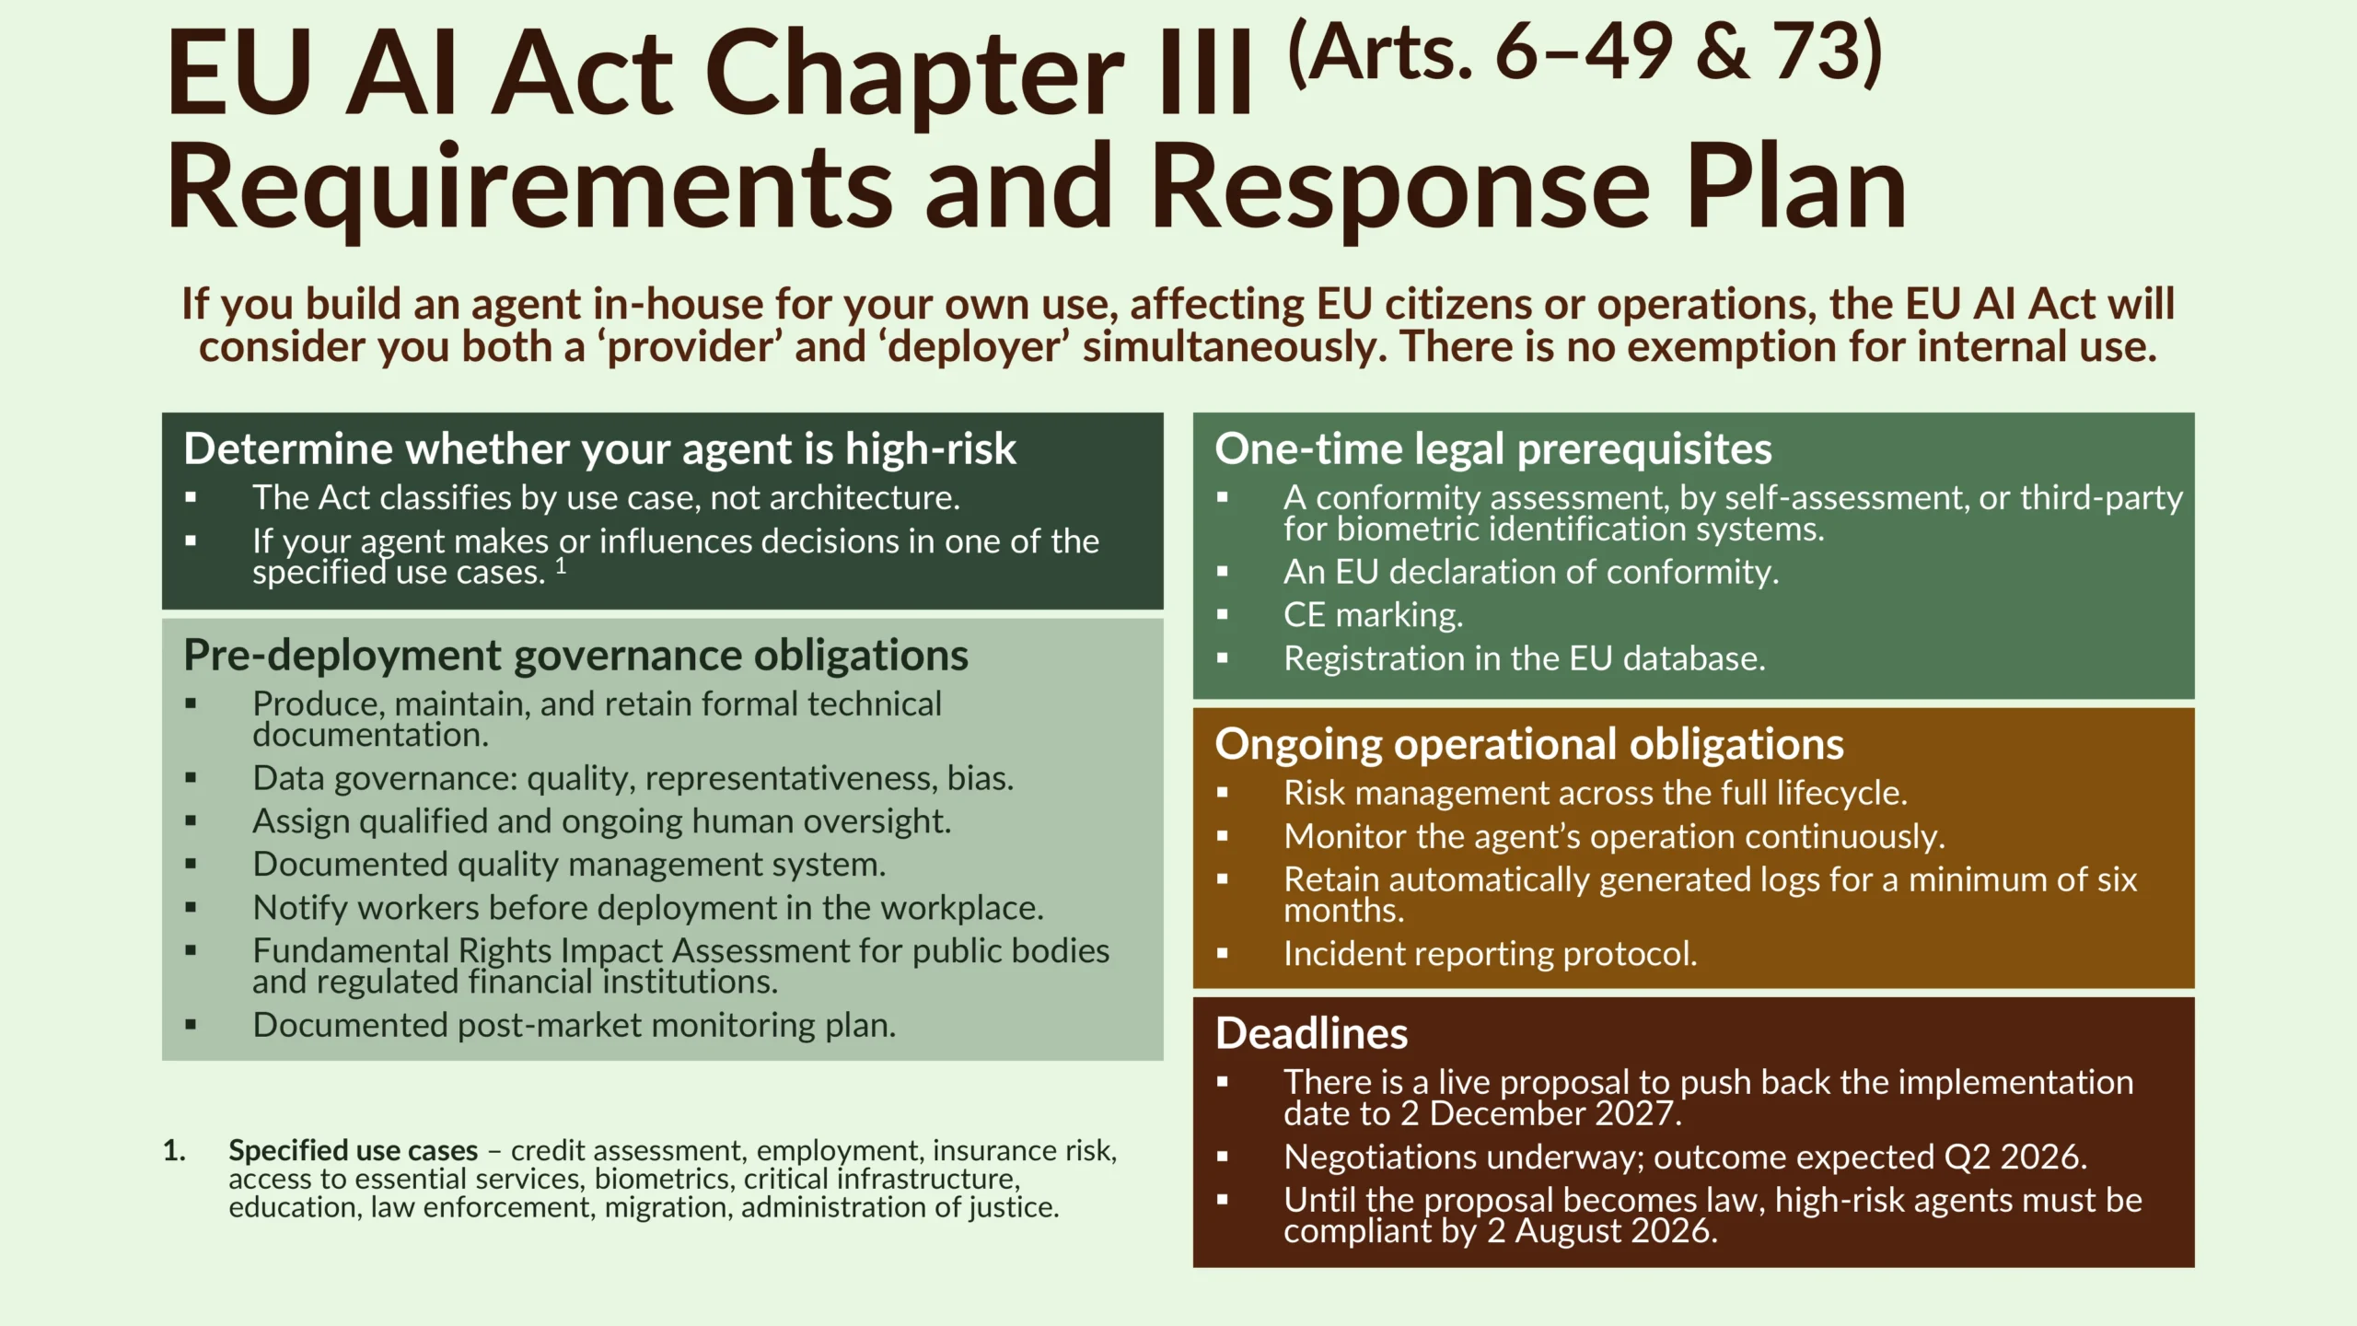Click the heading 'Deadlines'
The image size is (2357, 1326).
(1311, 1033)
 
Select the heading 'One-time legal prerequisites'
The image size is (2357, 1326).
(1493, 450)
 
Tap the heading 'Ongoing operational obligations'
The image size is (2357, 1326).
(1529, 745)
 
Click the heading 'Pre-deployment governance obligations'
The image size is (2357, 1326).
(575, 657)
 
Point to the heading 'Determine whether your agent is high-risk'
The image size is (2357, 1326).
(599, 450)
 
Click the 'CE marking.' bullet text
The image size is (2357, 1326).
(1373, 615)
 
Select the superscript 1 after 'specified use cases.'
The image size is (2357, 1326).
(561, 565)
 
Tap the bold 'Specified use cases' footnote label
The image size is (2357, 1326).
(354, 1151)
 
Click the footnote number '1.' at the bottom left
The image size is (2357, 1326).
(174, 1151)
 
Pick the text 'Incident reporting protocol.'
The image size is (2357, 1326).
(1491, 954)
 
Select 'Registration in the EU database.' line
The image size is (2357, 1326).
(1525, 659)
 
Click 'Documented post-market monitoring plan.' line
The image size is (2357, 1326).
(575, 1026)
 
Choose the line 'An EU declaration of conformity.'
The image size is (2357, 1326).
(1531, 573)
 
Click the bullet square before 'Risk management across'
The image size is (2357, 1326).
(1223, 793)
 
